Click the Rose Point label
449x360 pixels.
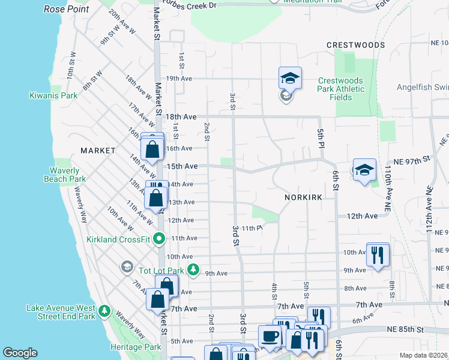[x=66, y=10]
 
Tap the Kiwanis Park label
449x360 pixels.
[x=53, y=95]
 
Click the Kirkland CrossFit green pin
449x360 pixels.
[x=159, y=239]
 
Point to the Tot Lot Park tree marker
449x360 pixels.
[x=193, y=268]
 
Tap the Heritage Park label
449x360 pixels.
[x=136, y=347]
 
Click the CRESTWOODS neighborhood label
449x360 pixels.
[x=355, y=45]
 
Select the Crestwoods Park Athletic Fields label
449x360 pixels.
[x=341, y=89]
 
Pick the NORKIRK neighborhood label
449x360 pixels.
[x=304, y=197]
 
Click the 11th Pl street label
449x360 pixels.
[x=252, y=228]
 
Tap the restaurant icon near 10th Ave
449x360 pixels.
[x=378, y=254]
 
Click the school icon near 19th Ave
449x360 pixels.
[x=290, y=78]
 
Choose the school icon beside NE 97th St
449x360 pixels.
[x=364, y=170]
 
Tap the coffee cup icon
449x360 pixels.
[x=270, y=337]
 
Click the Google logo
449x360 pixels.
[x=20, y=353]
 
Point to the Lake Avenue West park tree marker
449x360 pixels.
[x=105, y=310]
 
